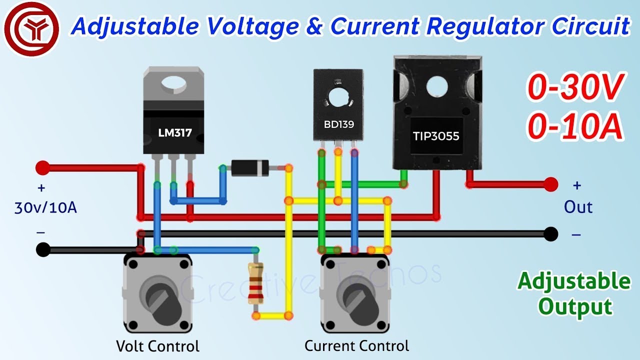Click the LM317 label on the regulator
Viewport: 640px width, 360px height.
click(174, 133)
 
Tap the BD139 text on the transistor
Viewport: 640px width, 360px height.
click(338, 124)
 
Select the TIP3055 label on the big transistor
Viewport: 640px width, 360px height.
click(436, 135)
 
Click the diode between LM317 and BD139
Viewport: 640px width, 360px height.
click(250, 168)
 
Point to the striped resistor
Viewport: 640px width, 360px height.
click(256, 284)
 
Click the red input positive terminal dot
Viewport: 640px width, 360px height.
click(43, 168)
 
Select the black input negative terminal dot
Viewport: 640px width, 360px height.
click(43, 249)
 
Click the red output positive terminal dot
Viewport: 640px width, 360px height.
click(551, 184)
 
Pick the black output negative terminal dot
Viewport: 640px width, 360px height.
click(550, 233)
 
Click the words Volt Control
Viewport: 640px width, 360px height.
click(157, 346)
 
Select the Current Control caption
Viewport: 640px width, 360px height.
click(356, 345)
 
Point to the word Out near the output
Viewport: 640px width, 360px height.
click(578, 207)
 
